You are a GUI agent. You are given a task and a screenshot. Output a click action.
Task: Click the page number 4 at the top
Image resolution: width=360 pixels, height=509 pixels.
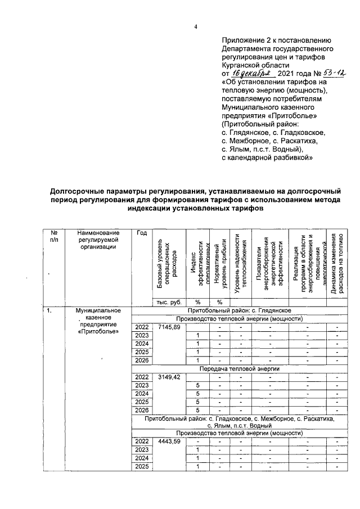click(x=196, y=26)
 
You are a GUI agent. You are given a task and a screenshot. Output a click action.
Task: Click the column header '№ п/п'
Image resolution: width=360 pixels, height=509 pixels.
click(x=54, y=236)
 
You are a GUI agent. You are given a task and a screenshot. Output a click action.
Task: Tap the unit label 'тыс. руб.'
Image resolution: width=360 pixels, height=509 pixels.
click(x=170, y=302)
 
